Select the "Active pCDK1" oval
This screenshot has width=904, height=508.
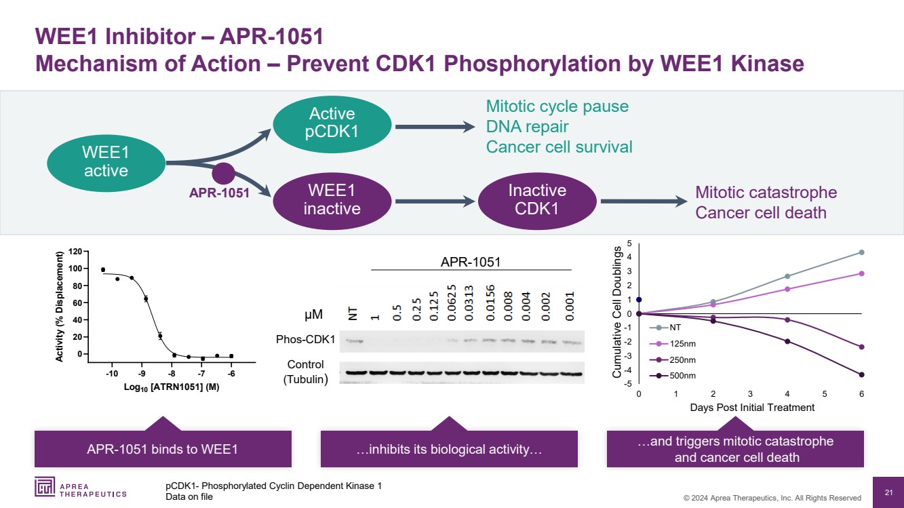pyautogui.click(x=332, y=123)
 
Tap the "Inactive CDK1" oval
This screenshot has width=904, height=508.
pyautogui.click(x=537, y=199)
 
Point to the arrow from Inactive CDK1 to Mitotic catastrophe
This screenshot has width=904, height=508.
pyautogui.click(x=642, y=201)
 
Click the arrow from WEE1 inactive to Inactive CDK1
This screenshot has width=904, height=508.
pyautogui.click(x=435, y=201)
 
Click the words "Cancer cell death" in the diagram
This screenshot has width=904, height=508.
pyautogui.click(x=761, y=213)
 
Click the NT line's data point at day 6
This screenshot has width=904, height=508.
pyautogui.click(x=861, y=252)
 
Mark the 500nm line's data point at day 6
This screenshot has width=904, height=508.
pyautogui.click(x=861, y=374)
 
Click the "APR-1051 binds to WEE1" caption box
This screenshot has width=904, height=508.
pyautogui.click(x=163, y=449)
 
